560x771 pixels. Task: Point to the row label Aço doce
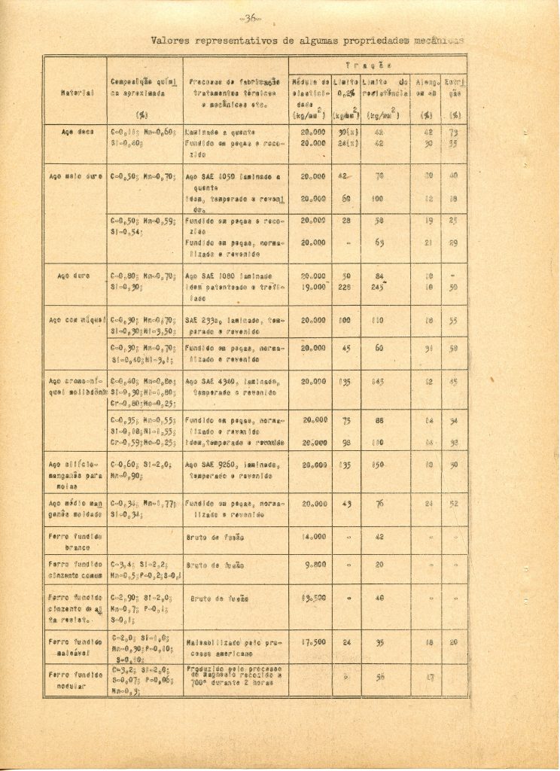coord(77,130)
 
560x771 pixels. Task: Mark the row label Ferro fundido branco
coord(77,542)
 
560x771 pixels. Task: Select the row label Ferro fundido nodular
coord(77,680)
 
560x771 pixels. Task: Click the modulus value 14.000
coord(312,537)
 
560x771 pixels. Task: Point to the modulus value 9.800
coord(314,564)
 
